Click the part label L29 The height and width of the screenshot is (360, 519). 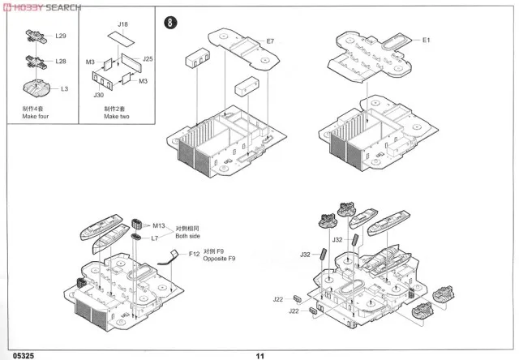pyautogui.click(x=62, y=37)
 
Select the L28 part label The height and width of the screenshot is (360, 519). pyautogui.click(x=62, y=61)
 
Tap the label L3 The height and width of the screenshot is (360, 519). pyautogui.click(x=65, y=88)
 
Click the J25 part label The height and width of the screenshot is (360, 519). pyautogui.click(x=148, y=59)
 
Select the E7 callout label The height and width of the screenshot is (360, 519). pyautogui.click(x=270, y=41)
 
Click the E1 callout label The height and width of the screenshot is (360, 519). pyautogui.click(x=427, y=41)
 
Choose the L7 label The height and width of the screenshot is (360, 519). pyautogui.click(x=155, y=238)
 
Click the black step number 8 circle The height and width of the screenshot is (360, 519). pyautogui.click(x=169, y=23)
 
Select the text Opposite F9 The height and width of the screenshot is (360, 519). pyautogui.click(x=219, y=258)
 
